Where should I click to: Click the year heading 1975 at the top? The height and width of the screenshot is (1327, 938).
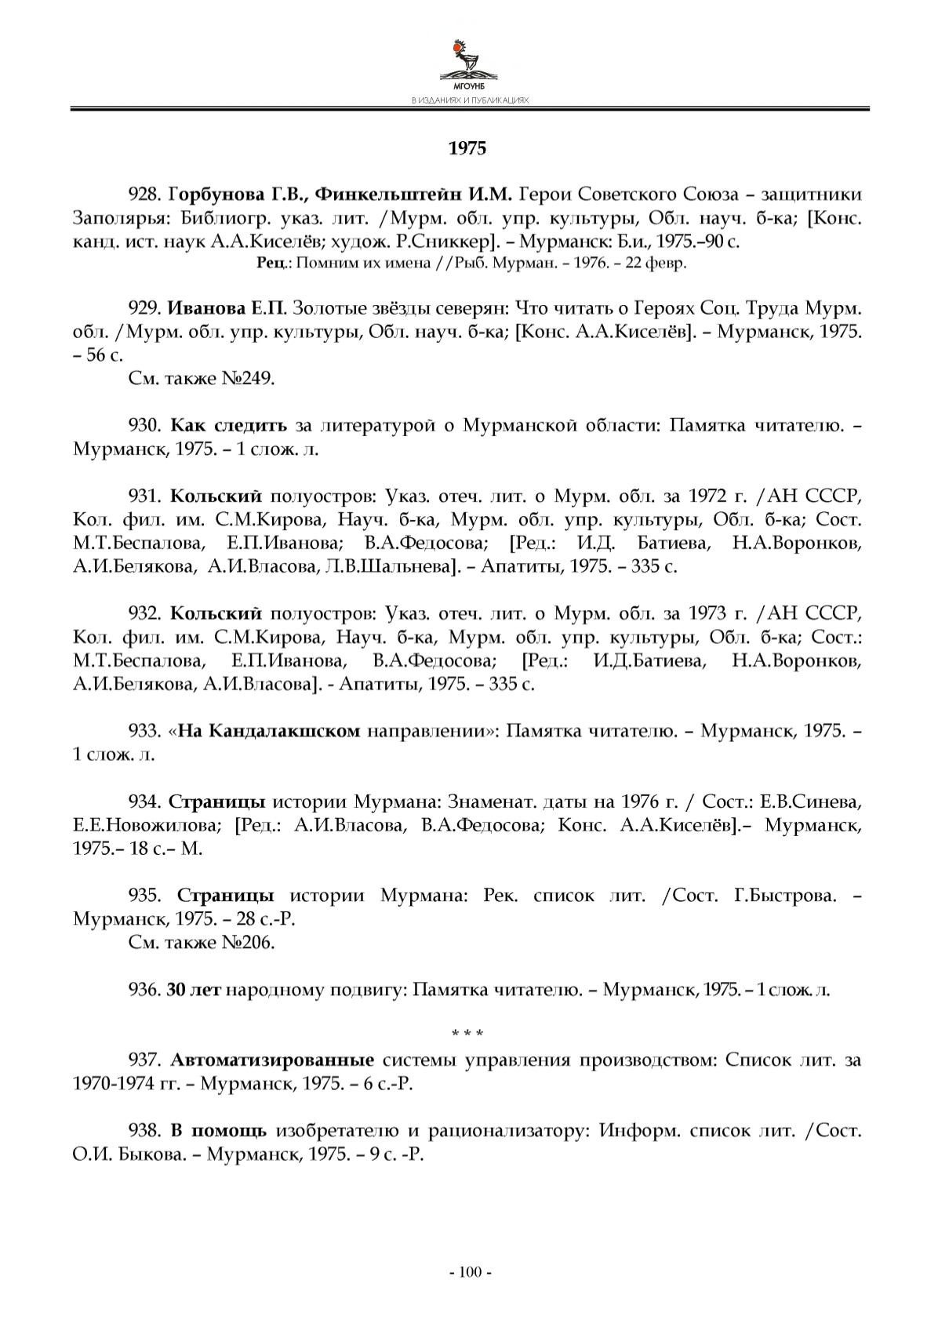467,148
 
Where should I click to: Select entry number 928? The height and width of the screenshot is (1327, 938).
144,195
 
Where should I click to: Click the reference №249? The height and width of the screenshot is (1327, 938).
249,379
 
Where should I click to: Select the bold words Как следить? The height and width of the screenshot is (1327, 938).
229,427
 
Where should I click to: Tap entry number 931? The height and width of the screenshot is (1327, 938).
144,496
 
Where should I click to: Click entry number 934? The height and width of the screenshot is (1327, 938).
144,802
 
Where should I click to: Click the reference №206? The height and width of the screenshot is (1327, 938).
249,942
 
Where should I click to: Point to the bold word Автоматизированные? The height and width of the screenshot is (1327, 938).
271,1060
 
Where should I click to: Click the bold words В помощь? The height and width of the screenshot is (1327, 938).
219,1131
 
